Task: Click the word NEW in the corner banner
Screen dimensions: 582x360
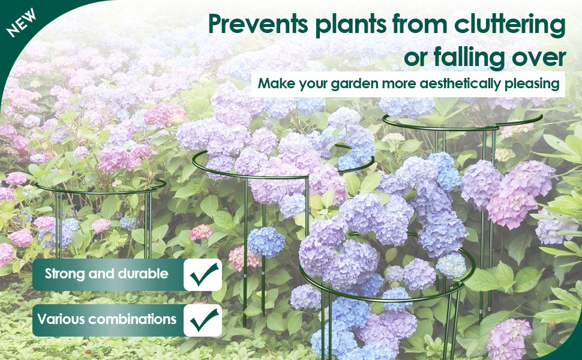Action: (21, 23)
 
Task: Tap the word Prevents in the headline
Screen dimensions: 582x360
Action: (259, 24)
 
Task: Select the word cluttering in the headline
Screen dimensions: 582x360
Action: (510, 25)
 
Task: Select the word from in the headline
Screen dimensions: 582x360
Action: (420, 24)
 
